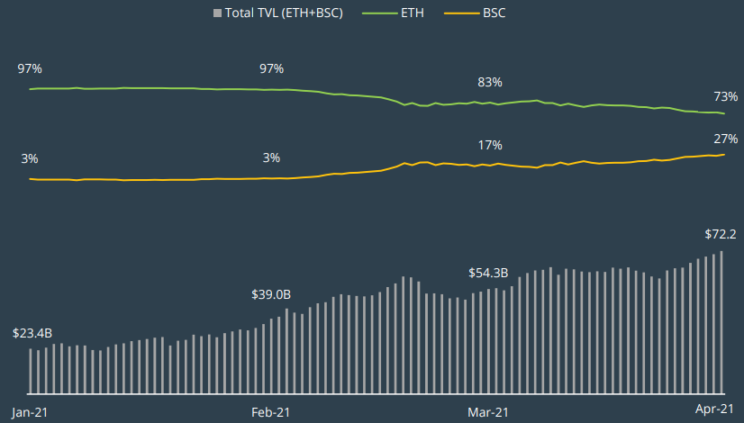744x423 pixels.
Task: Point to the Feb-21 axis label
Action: [x=270, y=412]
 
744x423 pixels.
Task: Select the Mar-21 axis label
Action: [x=488, y=412]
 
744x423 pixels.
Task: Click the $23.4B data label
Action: [x=33, y=332]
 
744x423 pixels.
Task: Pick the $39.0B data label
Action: [x=271, y=294]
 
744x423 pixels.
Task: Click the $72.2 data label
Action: [x=721, y=234]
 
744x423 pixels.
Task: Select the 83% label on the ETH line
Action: [x=490, y=82]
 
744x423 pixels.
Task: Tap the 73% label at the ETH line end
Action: [x=726, y=96]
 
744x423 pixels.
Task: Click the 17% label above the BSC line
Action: [x=490, y=146]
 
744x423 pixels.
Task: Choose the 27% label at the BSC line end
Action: [x=726, y=139]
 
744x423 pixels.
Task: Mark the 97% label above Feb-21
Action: [x=271, y=68]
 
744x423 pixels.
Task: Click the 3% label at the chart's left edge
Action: [x=30, y=158]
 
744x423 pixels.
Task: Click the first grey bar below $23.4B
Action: [x=31, y=371]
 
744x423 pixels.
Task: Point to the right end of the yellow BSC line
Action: [x=723, y=155]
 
